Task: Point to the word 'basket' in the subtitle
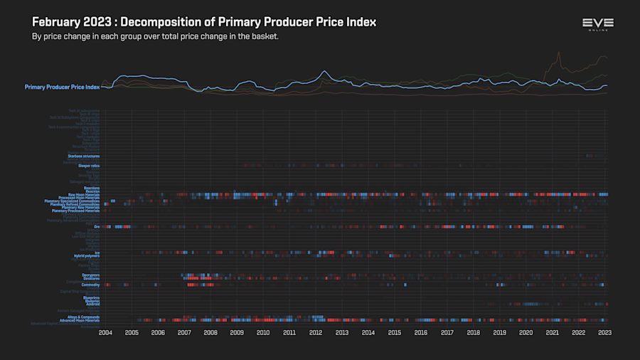(264, 36)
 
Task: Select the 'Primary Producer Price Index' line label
(62, 87)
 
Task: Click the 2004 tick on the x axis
(105, 332)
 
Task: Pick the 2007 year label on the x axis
(184, 332)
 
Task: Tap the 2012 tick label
(316, 332)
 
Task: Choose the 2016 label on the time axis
(421, 332)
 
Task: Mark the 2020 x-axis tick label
(526, 332)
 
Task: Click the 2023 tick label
(604, 332)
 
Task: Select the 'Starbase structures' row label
(84, 155)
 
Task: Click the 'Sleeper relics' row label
(89, 166)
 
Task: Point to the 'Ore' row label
(97, 226)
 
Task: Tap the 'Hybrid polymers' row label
(87, 255)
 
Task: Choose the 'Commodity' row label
(90, 285)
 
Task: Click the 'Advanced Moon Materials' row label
(80, 320)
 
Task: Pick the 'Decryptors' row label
(90, 275)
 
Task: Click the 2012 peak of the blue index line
(324, 71)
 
